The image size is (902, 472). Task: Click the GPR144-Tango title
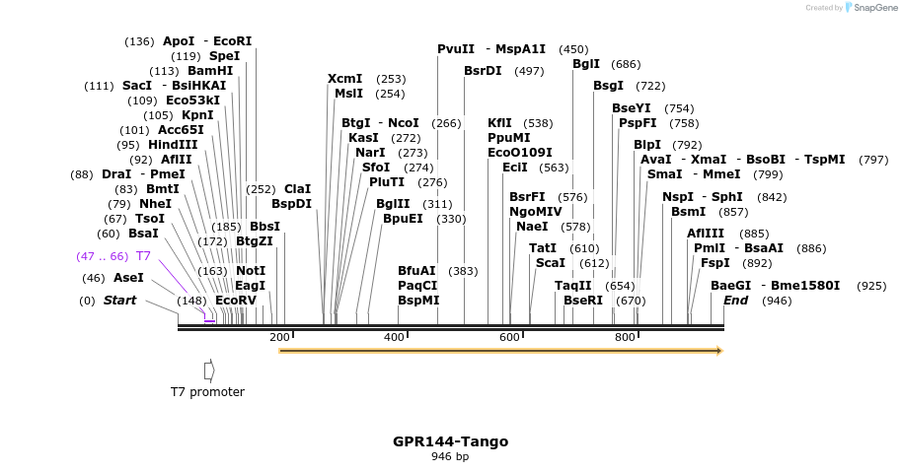(450, 441)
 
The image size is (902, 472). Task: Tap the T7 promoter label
(207, 392)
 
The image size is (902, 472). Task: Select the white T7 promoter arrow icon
(208, 370)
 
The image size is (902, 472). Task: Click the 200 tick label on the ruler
(279, 338)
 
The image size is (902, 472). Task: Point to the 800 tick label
(625, 338)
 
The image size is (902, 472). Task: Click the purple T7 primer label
(143, 256)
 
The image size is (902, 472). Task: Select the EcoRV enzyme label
(235, 301)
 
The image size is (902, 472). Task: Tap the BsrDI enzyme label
(483, 71)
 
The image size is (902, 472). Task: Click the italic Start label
(120, 301)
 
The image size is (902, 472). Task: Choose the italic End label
(735, 301)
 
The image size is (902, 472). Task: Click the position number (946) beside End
(777, 301)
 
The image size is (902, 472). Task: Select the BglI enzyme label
(586, 64)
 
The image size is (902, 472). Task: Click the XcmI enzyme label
(345, 79)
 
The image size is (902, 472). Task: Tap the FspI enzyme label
(715, 263)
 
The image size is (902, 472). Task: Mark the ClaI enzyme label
(297, 188)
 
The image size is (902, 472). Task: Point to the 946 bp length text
(450, 456)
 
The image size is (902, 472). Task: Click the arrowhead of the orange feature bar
(718, 350)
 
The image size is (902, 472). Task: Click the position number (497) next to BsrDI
(529, 71)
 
